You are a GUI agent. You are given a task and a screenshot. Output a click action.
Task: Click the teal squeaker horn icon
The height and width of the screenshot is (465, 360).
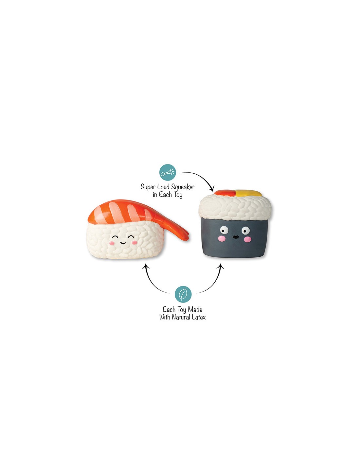point(168,172)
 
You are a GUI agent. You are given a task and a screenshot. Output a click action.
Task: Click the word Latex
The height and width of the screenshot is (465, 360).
point(198,317)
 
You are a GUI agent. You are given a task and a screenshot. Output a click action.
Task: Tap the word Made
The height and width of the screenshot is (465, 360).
point(195,309)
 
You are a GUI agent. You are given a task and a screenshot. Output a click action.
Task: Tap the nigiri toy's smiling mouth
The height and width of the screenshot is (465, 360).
point(123,243)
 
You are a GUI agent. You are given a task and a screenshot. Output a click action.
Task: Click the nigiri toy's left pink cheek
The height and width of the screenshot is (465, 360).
point(111,243)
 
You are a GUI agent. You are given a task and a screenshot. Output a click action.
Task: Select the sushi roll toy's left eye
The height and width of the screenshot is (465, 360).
point(224,230)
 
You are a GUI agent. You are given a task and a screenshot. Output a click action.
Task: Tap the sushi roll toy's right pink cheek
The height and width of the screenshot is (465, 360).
point(247,239)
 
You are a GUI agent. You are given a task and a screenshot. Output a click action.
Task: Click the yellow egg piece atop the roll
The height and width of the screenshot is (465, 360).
point(248,193)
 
